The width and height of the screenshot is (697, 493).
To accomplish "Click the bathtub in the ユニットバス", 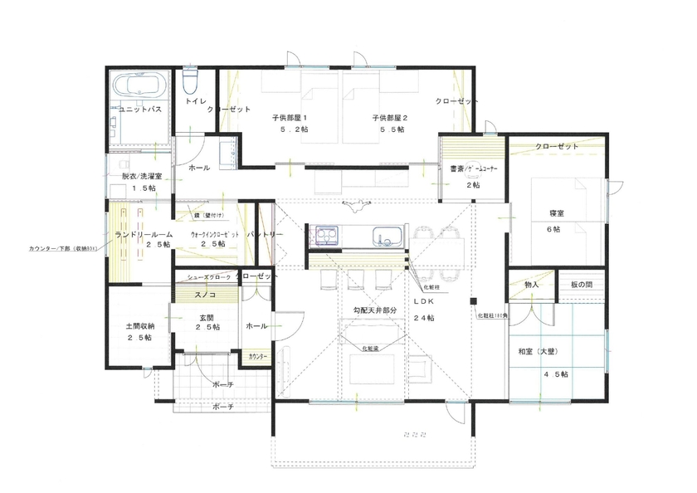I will (139, 86).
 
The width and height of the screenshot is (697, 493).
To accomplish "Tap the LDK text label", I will (424, 304).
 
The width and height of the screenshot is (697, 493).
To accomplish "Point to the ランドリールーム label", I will (139, 234).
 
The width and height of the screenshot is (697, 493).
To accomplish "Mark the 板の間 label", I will (582, 286).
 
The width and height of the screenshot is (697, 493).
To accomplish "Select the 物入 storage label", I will (532, 286).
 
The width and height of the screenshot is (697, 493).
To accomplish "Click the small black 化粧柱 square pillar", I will (474, 300).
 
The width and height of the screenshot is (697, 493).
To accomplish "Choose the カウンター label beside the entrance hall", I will (259, 356).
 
